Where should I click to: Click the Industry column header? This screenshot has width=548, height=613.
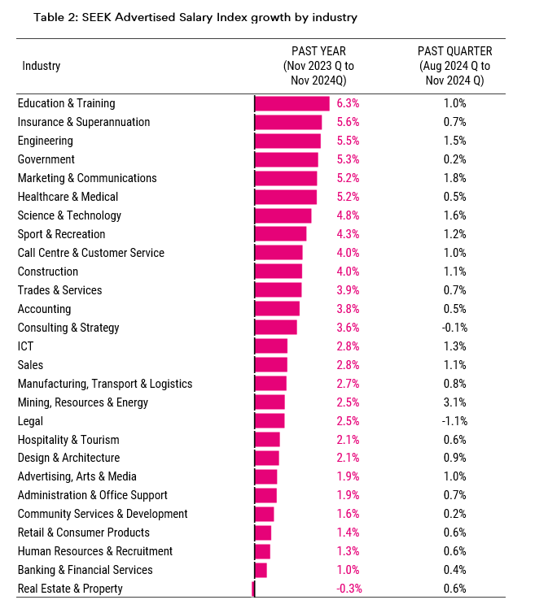(41, 66)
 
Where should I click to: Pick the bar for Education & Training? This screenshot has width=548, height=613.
(292, 103)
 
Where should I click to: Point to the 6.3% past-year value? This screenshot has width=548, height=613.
(348, 103)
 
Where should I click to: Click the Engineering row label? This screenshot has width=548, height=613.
(45, 141)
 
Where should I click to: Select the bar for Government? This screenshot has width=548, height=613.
(286, 159)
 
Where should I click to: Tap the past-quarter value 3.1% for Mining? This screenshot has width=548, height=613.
(454, 402)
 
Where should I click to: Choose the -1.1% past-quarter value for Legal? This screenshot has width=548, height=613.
(454, 421)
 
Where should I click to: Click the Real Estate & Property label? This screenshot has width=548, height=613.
(70, 589)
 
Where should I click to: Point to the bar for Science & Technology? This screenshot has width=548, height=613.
(283, 215)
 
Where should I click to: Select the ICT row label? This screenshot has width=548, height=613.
(25, 346)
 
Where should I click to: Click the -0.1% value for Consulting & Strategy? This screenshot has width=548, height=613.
(454, 328)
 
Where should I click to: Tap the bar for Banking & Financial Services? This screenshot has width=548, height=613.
(261, 570)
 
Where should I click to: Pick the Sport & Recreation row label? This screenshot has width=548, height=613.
(61, 234)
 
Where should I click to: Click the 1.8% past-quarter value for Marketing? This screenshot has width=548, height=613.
(454, 178)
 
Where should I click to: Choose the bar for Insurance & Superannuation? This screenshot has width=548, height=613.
(288, 122)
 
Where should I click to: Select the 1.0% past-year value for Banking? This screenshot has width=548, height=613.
(348, 570)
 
